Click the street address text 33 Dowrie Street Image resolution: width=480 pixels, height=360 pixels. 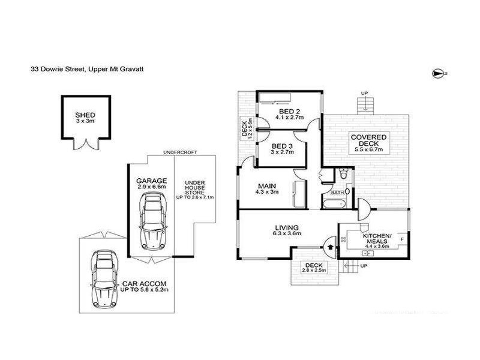coord(58,69)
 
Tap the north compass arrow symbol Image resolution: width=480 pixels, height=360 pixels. coord(437,73)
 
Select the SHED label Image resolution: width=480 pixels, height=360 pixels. coord(85,115)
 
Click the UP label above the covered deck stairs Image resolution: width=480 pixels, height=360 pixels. coord(364,92)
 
